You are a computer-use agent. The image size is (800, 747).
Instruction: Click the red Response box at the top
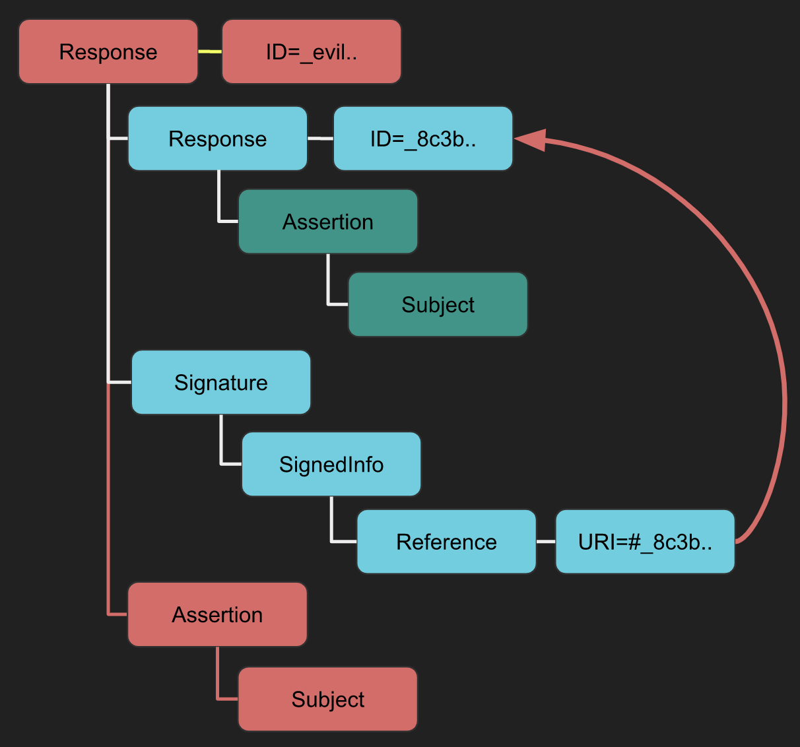click(x=108, y=51)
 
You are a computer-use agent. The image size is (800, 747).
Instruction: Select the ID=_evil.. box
click(x=312, y=51)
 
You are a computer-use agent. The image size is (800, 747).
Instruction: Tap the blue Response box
click(x=218, y=139)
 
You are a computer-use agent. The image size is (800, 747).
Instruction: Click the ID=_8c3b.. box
click(x=423, y=139)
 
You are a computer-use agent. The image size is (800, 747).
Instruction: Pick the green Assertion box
click(x=328, y=222)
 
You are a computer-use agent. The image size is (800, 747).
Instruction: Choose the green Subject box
click(x=438, y=304)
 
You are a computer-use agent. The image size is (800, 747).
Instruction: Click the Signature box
click(x=221, y=382)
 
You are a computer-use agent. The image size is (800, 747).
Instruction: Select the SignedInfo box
click(x=331, y=464)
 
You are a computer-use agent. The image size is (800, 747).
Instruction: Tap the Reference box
click(x=446, y=541)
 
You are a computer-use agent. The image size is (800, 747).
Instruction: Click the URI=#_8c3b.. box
click(x=645, y=541)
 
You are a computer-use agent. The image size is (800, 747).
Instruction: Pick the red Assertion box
click(x=217, y=614)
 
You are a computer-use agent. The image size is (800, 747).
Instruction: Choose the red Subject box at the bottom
click(x=327, y=699)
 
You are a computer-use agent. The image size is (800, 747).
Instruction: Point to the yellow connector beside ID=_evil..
click(x=210, y=51)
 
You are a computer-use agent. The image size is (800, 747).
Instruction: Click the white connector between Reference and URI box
click(x=546, y=541)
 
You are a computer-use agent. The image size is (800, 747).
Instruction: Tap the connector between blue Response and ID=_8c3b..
click(x=320, y=139)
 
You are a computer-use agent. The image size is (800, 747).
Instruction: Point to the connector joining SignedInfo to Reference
click(x=332, y=525)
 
